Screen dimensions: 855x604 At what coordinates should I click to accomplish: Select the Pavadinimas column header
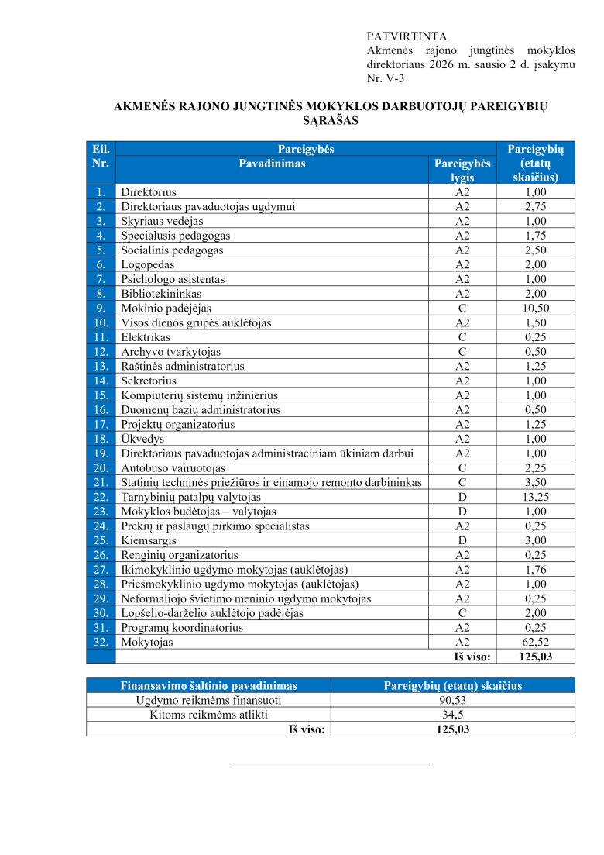272,164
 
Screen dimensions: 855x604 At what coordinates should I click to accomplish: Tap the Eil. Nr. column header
101,156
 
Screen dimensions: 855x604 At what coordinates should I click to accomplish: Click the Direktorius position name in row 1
149,191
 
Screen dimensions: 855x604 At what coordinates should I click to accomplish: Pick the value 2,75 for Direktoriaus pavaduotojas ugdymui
536,206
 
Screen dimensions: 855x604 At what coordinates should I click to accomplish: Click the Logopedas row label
147,264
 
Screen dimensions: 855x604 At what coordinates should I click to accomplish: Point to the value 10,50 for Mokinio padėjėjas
536,308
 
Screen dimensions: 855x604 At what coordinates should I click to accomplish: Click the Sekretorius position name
149,381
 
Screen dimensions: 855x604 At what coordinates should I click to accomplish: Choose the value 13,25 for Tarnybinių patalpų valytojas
536,497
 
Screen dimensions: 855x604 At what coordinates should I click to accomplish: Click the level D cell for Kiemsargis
462,540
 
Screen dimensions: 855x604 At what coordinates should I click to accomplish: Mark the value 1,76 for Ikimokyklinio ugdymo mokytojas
536,570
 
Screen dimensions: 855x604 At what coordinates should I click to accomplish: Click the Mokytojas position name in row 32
147,643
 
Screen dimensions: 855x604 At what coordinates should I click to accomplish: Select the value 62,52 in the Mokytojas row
536,643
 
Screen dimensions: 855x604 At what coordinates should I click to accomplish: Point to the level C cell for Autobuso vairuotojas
462,468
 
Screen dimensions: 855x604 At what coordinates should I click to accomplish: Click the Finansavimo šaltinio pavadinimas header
208,685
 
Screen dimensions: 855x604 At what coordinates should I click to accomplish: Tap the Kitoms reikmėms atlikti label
209,715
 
